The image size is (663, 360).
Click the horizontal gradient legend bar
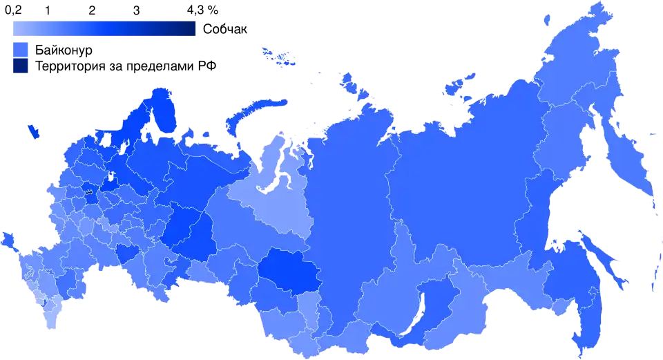point(104,28)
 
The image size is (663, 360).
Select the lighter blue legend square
point(21,48)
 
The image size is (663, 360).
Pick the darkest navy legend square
point(21,66)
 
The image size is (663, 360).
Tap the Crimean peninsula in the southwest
point(9,240)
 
